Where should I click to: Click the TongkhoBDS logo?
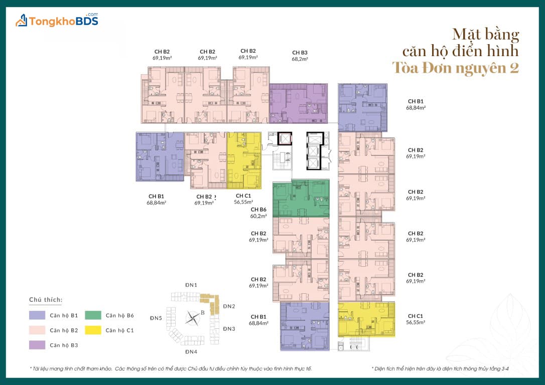[57, 21]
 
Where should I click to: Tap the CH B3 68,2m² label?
[300, 56]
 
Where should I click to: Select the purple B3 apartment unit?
[299, 103]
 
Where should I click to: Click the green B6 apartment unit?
[301, 198]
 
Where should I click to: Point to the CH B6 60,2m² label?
[258, 213]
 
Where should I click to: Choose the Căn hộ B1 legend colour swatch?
[37, 315]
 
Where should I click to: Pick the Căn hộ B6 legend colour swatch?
[93, 315]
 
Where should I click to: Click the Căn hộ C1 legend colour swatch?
[93, 330]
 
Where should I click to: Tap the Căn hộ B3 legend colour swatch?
[37, 345]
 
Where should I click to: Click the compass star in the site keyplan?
[193, 318]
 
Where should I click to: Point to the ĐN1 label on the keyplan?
[191, 285]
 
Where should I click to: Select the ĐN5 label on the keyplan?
[156, 318]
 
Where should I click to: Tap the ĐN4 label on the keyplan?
[191, 352]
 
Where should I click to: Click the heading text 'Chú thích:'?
[46, 300]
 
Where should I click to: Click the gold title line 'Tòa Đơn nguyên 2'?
[455, 68]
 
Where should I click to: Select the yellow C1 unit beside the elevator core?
[244, 160]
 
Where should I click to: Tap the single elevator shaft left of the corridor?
[285, 138]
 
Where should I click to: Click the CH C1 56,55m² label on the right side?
[416, 319]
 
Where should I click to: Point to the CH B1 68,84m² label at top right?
[416, 104]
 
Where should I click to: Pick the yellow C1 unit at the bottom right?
[366, 319]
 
